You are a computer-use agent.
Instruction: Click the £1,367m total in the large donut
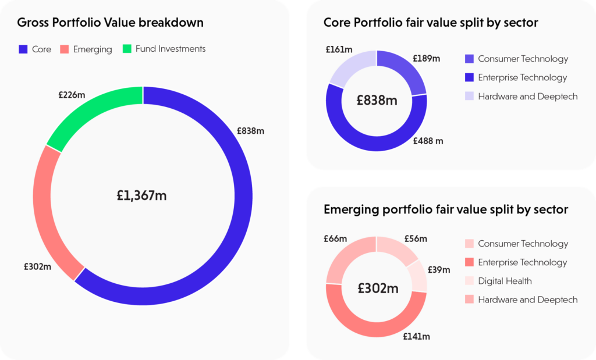142,196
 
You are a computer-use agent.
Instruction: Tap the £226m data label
72,95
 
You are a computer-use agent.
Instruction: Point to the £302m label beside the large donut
38,267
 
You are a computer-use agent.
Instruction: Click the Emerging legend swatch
64,49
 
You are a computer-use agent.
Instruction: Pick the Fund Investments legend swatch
127,49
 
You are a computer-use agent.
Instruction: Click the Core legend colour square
23,49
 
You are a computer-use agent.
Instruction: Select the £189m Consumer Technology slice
406,73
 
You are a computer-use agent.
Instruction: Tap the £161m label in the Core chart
338,49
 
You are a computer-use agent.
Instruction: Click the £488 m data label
428,141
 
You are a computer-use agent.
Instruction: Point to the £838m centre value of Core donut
377,101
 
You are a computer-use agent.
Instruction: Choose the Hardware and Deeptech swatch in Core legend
470,97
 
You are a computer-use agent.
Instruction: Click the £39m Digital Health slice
418,275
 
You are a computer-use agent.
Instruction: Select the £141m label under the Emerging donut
416,337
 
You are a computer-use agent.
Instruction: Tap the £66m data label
335,238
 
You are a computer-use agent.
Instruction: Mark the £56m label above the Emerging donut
415,238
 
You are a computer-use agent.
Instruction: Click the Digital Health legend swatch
470,281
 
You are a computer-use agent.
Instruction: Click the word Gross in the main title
33,23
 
